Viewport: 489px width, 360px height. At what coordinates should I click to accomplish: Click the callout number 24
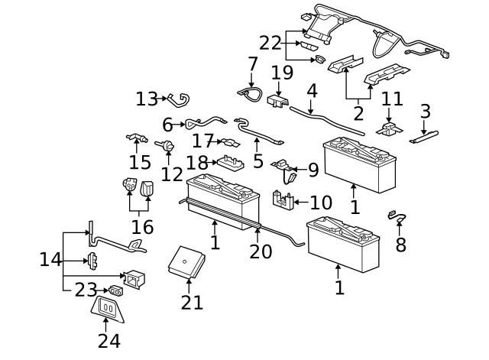pos(109,340)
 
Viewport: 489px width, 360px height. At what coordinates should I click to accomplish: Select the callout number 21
pos(193,302)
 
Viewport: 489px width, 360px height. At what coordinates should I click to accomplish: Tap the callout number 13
pos(147,99)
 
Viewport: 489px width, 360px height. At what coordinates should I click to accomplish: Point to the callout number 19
pos(282,73)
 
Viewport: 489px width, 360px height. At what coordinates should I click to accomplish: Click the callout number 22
pos(270,44)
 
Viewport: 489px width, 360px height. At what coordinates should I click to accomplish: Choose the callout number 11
pos(391,99)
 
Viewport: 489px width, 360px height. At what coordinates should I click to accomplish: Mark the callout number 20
pos(261,251)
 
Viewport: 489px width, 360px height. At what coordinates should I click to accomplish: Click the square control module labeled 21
pos(187,262)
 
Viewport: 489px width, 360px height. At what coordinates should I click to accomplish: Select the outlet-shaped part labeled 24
pos(108,307)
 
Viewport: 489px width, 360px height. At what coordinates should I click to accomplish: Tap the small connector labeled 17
pos(228,141)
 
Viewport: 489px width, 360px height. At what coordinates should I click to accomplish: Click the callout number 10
pos(321,203)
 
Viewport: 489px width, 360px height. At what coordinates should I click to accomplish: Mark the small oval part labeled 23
pos(116,290)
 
